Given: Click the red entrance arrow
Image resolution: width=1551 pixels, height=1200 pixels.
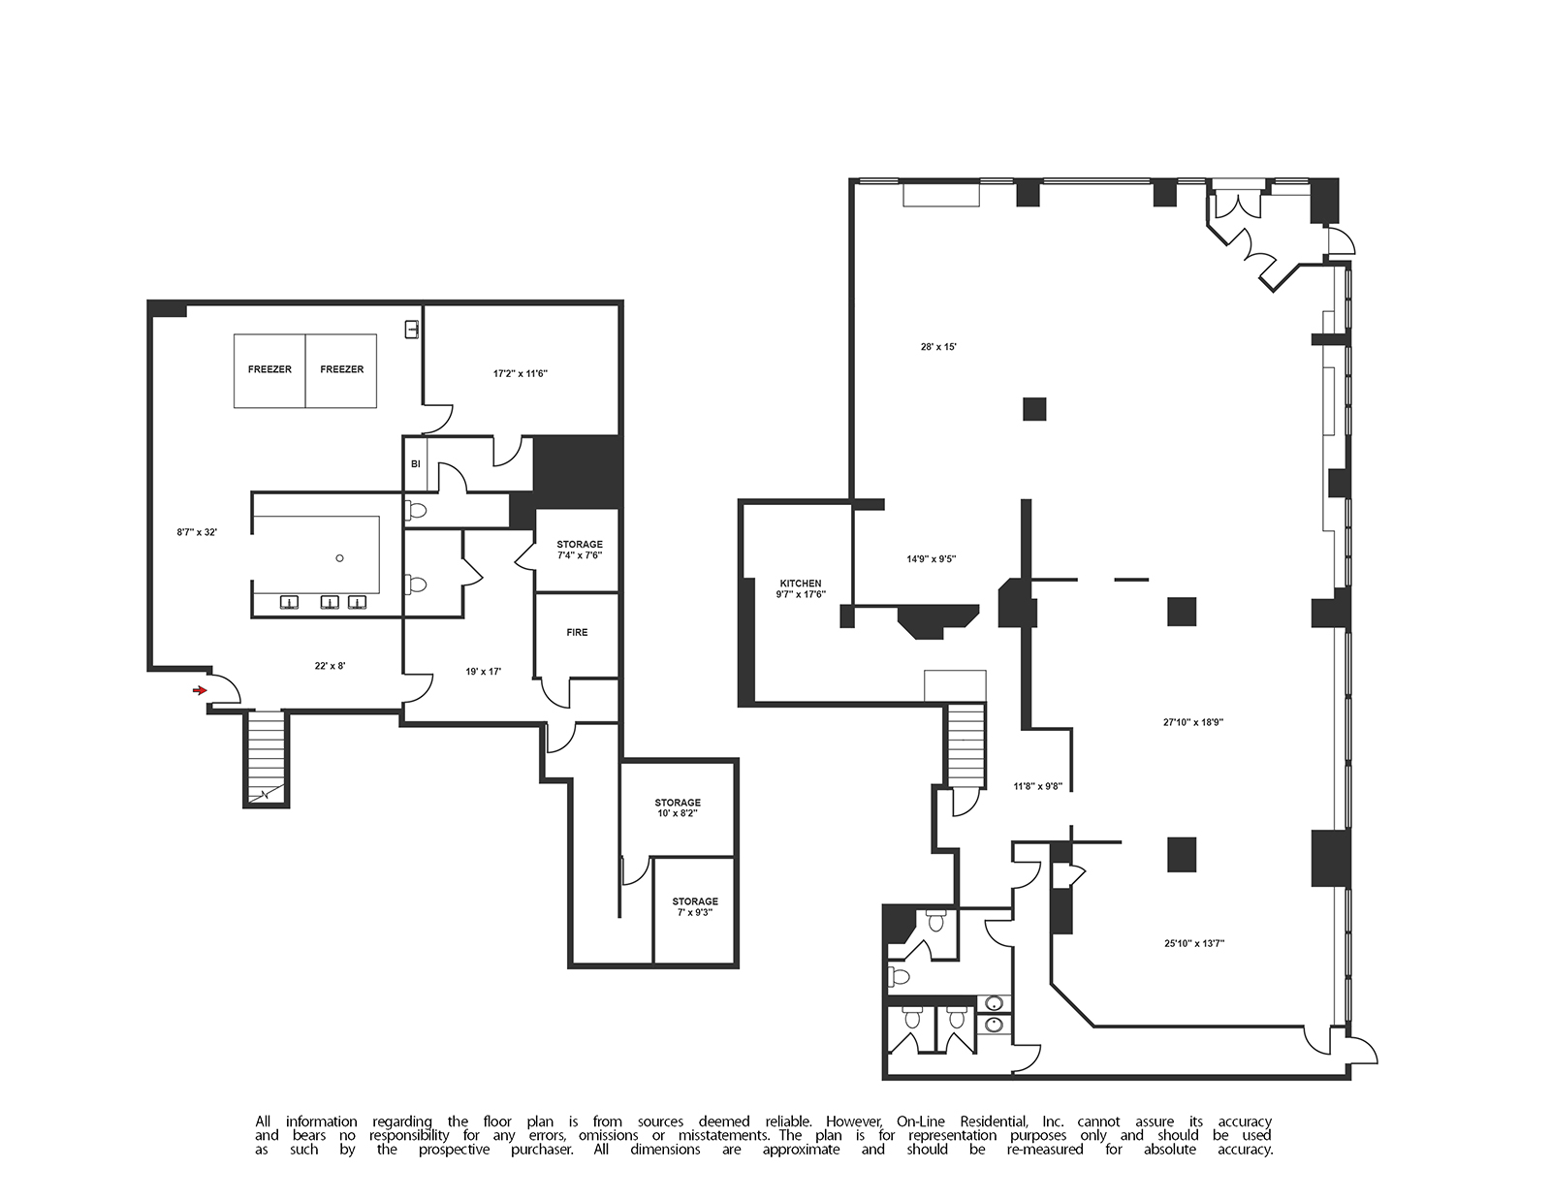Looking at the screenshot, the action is [x=200, y=690].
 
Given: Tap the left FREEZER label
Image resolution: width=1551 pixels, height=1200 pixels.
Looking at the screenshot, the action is [x=269, y=369].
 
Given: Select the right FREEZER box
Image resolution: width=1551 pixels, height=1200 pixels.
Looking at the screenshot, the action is [x=341, y=371].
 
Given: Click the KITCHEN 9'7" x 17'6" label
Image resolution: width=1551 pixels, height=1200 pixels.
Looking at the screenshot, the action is [x=801, y=588].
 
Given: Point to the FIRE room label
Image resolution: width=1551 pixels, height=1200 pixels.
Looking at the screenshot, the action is [x=577, y=632].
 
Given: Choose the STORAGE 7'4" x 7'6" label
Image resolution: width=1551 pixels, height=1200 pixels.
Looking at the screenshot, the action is [x=580, y=550].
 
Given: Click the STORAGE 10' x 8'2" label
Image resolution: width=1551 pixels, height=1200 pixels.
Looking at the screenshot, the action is [x=678, y=807].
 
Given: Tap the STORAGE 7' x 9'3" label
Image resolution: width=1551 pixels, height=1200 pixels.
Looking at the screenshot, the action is [x=694, y=906].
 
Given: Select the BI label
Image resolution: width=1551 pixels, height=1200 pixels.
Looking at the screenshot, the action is [x=416, y=463].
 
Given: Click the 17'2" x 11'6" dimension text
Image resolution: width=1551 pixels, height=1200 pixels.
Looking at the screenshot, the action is [x=521, y=373].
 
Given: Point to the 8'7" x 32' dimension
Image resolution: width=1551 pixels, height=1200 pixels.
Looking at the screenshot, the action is [x=197, y=531].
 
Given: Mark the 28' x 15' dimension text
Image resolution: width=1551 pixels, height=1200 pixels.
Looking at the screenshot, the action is [x=938, y=347].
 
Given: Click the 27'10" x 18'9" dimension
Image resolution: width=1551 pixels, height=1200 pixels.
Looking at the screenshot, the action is [x=1193, y=722].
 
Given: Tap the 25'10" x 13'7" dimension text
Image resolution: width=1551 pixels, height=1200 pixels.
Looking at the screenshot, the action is [x=1194, y=943].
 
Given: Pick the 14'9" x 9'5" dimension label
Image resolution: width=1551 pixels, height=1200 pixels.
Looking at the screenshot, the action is [x=932, y=559].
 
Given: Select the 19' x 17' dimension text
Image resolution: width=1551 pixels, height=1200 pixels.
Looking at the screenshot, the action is [x=483, y=672].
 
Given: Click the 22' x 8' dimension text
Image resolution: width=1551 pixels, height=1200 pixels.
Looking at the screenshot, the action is [x=330, y=666].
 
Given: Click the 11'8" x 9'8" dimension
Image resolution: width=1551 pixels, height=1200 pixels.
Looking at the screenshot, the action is [x=1038, y=786].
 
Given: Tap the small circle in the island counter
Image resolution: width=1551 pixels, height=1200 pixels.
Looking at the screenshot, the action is [x=339, y=558].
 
